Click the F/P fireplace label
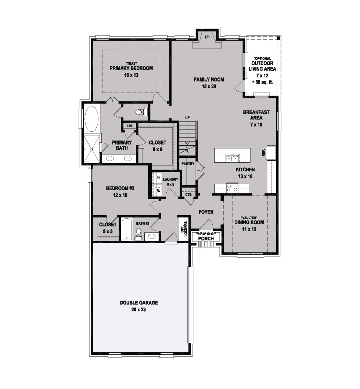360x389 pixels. click(x=207, y=37)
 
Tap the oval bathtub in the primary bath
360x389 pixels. click(x=91, y=119)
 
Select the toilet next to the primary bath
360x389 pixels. click(x=141, y=112)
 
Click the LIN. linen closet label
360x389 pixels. click(x=130, y=126)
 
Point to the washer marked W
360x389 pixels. click(x=157, y=190)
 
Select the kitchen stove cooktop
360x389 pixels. click(x=232, y=188)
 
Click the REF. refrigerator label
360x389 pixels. click(x=263, y=153)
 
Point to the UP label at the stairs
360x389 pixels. click(x=187, y=117)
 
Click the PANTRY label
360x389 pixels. click(x=188, y=164)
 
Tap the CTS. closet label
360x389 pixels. click(x=189, y=194)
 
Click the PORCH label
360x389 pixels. click(x=206, y=239)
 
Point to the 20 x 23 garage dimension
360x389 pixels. click(x=139, y=309)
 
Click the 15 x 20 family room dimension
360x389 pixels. click(x=209, y=86)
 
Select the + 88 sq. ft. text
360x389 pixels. click(x=262, y=82)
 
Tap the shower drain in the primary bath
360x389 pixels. click(x=91, y=149)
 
